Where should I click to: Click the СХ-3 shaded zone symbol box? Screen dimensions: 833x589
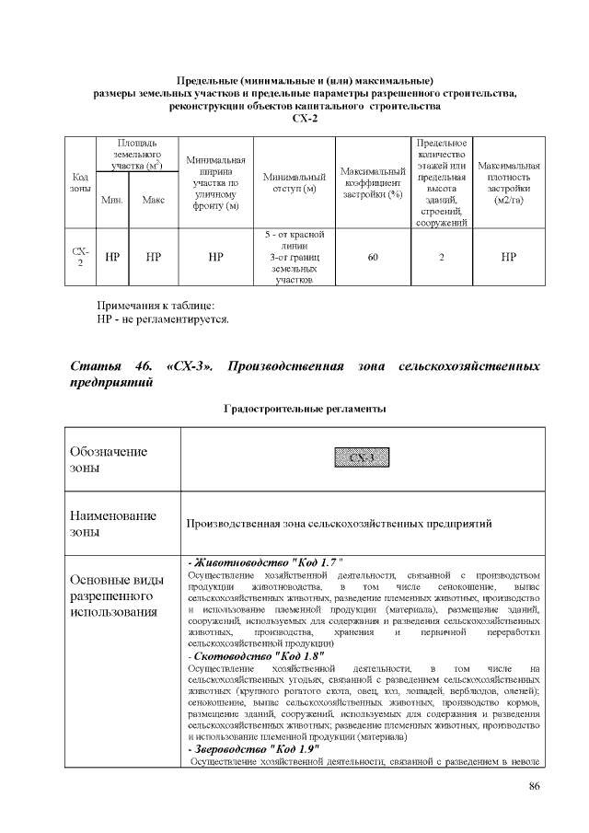pos(362,458)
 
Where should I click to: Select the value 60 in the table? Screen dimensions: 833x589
pos(372,258)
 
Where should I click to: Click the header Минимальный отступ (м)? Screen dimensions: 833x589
pos(294,182)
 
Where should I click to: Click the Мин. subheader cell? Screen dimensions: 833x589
pos(112,200)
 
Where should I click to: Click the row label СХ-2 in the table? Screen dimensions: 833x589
pos(80,258)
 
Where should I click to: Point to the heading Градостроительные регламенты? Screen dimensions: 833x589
pos(305,408)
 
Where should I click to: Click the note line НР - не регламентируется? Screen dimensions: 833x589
pos(163,319)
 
